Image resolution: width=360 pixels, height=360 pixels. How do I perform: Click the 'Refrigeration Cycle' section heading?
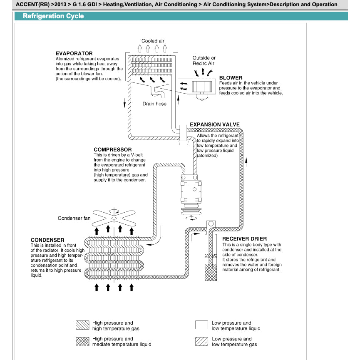(53, 16)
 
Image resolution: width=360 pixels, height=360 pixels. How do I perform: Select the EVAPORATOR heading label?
(74, 54)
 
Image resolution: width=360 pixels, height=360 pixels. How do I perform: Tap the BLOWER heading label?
(231, 78)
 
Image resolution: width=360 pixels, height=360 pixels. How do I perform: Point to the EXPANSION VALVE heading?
(214, 124)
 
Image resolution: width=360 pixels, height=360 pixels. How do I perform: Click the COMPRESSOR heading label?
(112, 149)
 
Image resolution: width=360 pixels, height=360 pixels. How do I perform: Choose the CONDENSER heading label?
(47, 240)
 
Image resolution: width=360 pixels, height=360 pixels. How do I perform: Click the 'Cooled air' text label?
(153, 41)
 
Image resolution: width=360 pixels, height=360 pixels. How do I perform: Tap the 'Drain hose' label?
(154, 104)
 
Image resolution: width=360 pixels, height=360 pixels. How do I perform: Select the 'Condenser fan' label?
(74, 218)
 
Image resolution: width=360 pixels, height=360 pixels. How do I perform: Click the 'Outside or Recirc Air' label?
(204, 61)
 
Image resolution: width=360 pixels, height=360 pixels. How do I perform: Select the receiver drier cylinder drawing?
(211, 258)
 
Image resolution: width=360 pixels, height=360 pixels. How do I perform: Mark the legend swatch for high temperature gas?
(82, 325)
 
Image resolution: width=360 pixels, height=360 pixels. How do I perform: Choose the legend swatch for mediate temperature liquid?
(82, 342)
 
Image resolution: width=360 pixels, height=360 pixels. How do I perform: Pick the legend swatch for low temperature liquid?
(201, 325)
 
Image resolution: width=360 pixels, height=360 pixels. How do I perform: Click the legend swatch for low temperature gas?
(201, 342)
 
